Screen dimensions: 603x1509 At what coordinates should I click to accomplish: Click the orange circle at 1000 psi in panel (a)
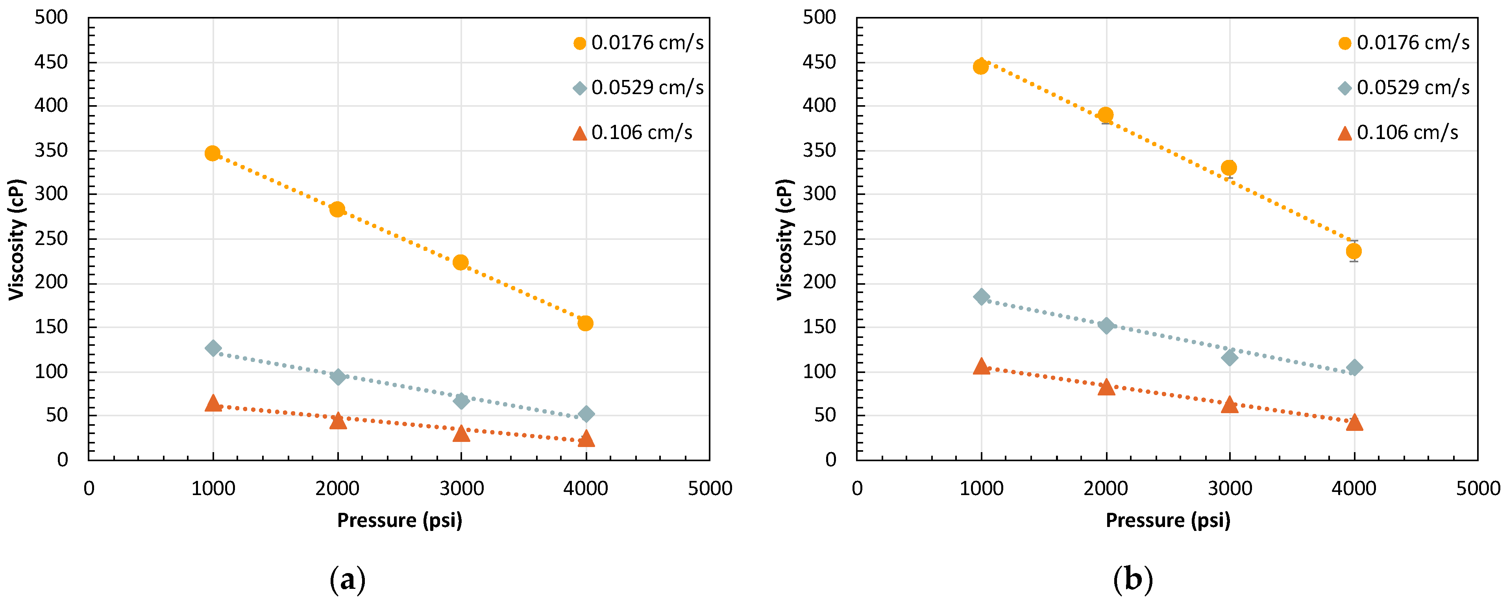pos(212,154)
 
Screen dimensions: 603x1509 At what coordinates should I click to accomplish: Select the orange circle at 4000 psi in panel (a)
pos(585,323)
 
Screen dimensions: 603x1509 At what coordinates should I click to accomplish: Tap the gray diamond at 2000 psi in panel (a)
pos(337,377)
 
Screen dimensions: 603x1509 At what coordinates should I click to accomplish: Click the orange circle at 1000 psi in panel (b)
pos(981,67)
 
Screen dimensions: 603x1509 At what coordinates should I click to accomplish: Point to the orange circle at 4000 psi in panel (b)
pos(1354,251)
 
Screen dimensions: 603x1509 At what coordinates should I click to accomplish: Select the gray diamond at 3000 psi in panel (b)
pos(1230,358)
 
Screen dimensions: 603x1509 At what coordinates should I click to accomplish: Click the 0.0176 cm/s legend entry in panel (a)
pos(638,43)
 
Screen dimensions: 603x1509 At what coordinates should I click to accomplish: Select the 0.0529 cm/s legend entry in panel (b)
pos(1405,88)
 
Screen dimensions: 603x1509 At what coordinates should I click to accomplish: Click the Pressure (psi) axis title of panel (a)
pos(399,520)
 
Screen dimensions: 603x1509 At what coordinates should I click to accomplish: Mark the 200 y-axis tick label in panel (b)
pos(819,282)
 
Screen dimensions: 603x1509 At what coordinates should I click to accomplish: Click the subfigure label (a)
pos(348,580)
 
